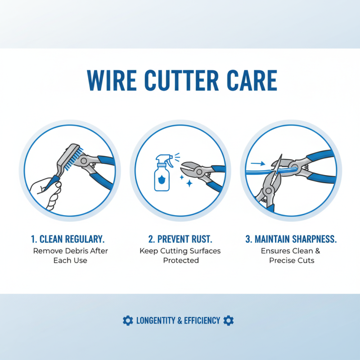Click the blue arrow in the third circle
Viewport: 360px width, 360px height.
pos(258,164)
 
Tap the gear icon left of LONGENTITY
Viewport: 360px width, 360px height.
pos(128,320)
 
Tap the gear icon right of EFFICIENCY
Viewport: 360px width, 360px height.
pos(229,320)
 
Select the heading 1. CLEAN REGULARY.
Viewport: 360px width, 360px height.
pos(70,239)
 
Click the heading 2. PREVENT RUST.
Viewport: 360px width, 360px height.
pos(180,239)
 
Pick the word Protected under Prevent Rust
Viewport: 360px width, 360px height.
pos(180,261)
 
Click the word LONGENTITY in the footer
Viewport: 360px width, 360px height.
pos(156,320)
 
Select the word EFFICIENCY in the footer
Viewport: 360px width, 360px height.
pos(202,320)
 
